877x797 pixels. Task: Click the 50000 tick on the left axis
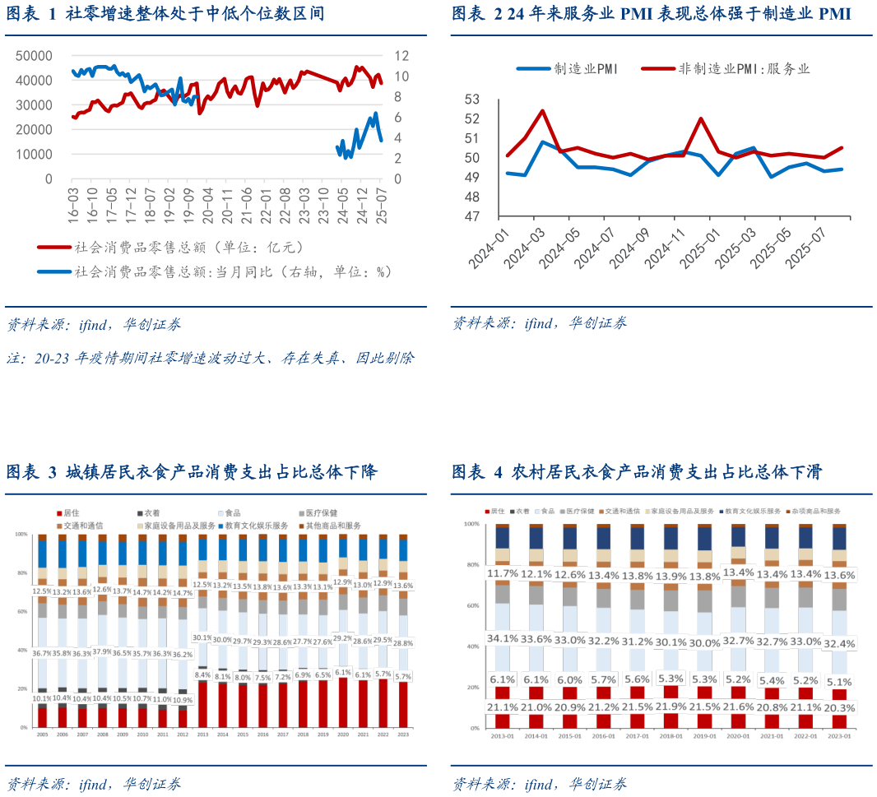(x=35, y=56)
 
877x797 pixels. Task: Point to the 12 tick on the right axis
(x=401, y=56)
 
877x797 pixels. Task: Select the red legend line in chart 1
(x=53, y=246)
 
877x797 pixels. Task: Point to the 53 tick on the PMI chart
(x=471, y=100)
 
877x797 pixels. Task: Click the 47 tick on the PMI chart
(x=471, y=217)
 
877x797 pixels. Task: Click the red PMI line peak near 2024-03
(x=543, y=110)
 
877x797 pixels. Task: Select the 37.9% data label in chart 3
(x=102, y=653)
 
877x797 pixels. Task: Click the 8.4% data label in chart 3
(x=202, y=674)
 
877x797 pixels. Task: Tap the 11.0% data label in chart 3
(x=162, y=698)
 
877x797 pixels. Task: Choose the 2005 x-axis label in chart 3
(x=42, y=734)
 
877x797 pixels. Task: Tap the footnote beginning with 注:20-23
(x=211, y=359)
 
